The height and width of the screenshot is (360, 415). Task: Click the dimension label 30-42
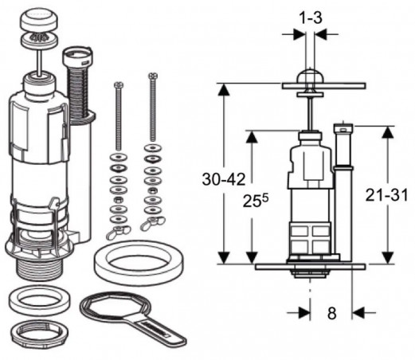pos(224,179)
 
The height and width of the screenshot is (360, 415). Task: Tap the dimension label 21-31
pos(386,195)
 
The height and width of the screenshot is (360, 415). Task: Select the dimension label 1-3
pos(311,18)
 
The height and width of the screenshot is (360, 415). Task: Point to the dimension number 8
pos(332,313)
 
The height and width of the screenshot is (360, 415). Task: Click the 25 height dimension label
pos(256,201)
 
